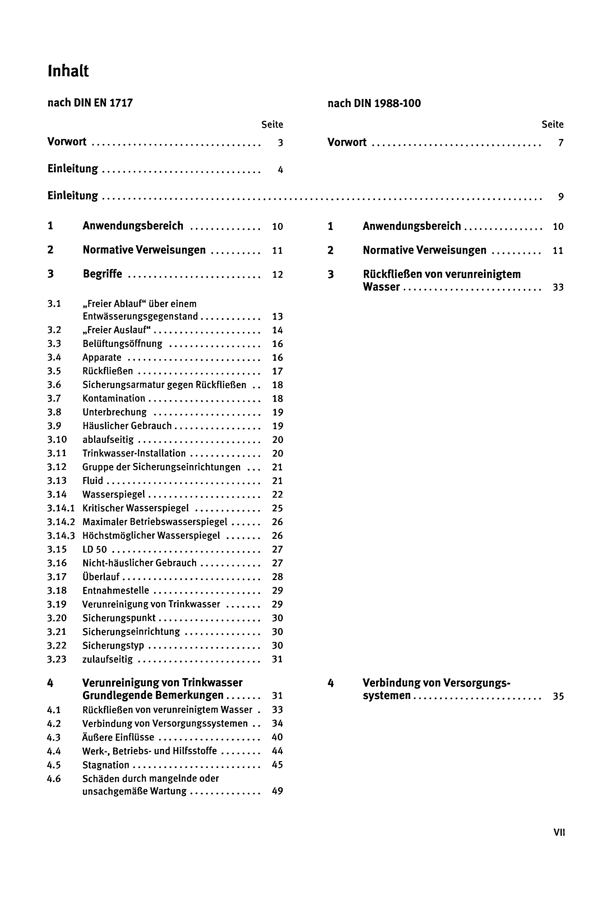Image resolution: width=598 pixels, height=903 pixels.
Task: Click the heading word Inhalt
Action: point(68,71)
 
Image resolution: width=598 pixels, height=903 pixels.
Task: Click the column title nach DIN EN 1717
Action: point(90,103)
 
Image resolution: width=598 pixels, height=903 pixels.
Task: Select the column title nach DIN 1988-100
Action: point(374,103)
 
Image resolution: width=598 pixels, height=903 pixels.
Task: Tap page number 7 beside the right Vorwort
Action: point(561,143)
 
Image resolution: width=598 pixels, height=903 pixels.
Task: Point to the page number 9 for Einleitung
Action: point(561,197)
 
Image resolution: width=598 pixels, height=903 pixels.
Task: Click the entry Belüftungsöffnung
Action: point(122,344)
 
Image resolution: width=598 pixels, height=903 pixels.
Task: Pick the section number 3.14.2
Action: point(61,522)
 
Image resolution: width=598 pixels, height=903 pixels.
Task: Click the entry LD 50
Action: point(95,549)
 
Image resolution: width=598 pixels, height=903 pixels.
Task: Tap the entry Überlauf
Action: point(101,577)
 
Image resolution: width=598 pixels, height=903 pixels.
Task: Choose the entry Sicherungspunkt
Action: point(119,618)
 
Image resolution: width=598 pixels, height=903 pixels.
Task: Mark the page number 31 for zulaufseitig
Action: point(277,659)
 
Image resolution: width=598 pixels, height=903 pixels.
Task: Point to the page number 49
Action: point(277,791)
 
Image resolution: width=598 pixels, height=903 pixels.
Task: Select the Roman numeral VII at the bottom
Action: point(559,832)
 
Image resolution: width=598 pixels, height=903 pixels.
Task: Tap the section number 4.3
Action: point(54,737)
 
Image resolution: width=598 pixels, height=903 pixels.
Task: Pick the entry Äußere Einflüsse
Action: point(118,737)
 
